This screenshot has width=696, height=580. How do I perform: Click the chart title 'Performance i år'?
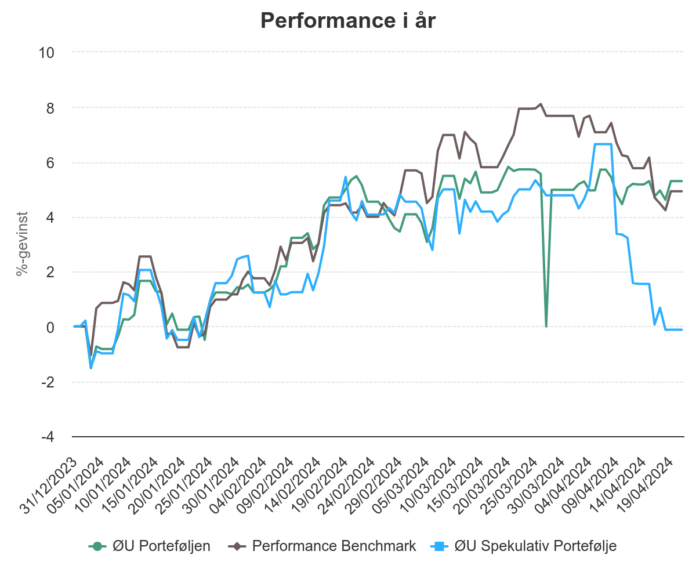(348, 21)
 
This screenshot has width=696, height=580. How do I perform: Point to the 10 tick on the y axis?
(46, 53)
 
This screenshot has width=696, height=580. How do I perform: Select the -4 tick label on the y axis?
(47, 437)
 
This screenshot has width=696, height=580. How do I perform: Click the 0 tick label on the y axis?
(50, 327)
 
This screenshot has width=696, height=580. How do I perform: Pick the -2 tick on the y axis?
(47, 382)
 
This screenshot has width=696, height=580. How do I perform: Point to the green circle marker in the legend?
(97, 546)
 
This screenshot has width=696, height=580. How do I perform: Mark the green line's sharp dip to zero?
(546, 326)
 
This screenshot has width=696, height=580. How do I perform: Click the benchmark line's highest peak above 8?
(541, 104)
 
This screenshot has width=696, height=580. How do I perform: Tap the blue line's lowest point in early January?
(90, 368)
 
